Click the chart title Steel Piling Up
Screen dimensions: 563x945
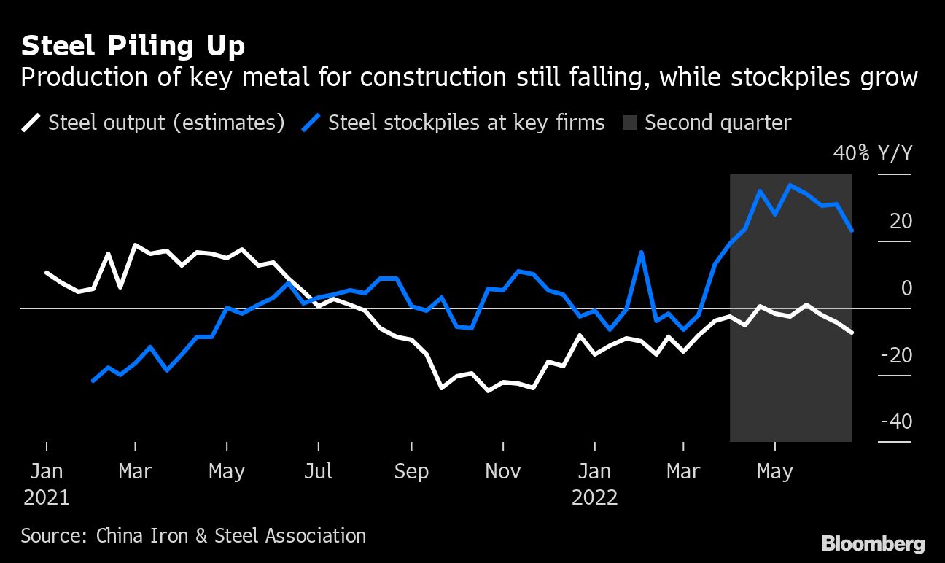133,46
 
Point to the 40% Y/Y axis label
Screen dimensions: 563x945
872,154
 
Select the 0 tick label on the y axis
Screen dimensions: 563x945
906,288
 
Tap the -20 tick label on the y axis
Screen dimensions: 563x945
896,355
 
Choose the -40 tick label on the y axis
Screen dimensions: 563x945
896,422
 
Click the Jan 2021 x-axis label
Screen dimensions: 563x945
47,484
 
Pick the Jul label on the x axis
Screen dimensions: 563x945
319,471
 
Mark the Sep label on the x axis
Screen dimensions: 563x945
411,471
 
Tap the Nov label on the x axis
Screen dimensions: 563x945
502,471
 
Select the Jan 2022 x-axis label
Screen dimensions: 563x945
595,484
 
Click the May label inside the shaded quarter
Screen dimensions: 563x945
774,471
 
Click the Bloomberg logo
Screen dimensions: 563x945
873,543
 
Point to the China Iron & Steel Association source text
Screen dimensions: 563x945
230,536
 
